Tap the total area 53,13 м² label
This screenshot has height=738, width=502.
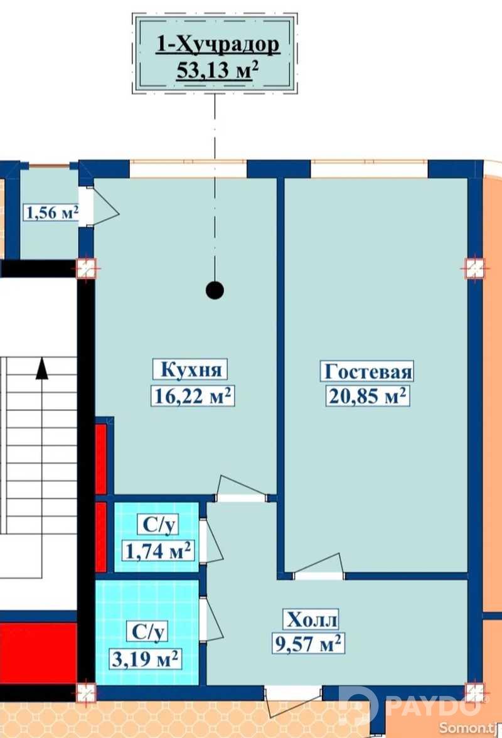click(x=218, y=71)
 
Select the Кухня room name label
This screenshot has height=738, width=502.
click(x=191, y=370)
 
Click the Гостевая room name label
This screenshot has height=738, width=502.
click(x=368, y=372)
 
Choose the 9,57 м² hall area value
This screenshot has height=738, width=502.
click(x=307, y=643)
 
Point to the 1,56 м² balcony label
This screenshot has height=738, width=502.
click(x=51, y=213)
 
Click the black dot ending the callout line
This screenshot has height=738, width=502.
click(x=215, y=291)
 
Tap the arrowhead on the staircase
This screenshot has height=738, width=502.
click(x=42, y=368)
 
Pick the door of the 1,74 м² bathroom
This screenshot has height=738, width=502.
click(x=210, y=540)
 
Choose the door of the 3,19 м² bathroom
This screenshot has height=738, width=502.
click(x=210, y=619)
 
